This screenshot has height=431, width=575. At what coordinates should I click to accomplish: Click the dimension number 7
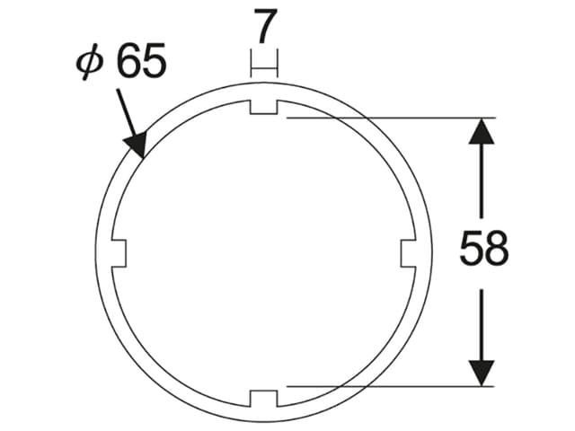click(263, 27)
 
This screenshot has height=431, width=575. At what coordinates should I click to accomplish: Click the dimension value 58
click(483, 250)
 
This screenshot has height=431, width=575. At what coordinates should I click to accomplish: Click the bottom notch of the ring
click(263, 398)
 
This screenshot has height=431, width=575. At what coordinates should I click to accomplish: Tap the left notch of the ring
click(118, 253)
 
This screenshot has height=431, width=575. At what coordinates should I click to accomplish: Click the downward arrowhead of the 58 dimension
click(482, 371)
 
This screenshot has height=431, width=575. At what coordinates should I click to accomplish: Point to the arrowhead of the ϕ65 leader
click(137, 144)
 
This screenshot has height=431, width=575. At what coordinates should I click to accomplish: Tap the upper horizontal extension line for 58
click(386, 117)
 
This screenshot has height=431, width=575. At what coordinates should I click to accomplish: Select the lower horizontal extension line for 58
click(386, 386)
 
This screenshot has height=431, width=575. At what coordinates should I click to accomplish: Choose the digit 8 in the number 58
click(496, 250)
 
